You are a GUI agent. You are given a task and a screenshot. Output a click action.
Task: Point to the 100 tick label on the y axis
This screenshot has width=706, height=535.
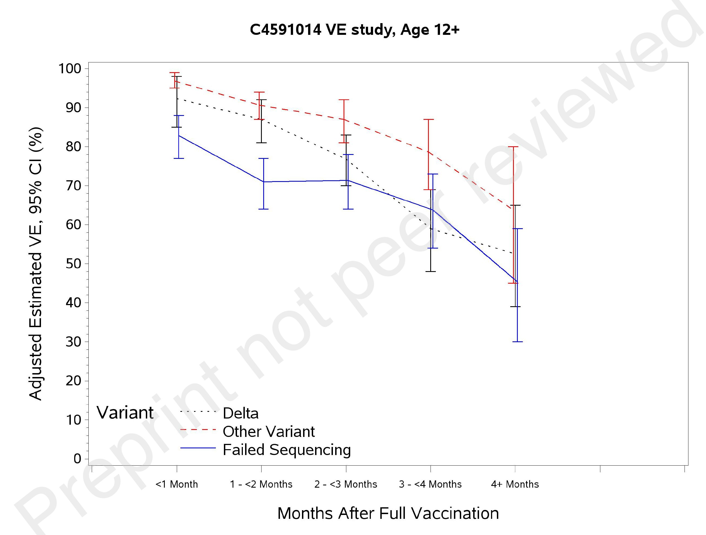click(x=70, y=69)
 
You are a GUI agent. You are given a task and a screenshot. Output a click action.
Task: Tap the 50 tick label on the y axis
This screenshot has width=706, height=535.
click(x=73, y=264)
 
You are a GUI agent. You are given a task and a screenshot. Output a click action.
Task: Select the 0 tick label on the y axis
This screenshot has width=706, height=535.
click(x=77, y=459)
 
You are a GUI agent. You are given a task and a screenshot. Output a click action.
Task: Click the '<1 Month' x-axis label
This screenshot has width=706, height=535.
click(x=176, y=484)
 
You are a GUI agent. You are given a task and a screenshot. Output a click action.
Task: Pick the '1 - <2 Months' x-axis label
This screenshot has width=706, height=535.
click(x=261, y=484)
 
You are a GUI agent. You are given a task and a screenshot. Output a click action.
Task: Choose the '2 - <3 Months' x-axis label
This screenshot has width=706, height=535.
click(x=346, y=484)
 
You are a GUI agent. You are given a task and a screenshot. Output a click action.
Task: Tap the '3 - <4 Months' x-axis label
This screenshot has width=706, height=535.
click(x=430, y=484)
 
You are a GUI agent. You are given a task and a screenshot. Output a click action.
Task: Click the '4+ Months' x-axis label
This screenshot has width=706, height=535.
click(x=515, y=484)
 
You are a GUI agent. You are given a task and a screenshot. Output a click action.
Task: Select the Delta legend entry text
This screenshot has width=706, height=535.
click(x=241, y=414)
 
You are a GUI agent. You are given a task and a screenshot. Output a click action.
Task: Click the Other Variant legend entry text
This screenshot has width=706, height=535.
click(x=269, y=432)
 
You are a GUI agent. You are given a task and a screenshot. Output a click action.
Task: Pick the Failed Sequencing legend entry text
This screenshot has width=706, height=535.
click(x=287, y=450)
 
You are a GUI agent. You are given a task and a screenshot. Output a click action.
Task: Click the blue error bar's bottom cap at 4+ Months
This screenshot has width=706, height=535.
click(x=518, y=342)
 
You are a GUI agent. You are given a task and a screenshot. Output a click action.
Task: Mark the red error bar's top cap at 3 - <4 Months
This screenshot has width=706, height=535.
click(x=429, y=119)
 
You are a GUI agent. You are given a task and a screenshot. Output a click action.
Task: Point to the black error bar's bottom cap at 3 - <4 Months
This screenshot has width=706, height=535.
click(x=431, y=271)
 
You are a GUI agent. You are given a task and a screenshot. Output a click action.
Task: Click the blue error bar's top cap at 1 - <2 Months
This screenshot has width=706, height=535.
click(x=263, y=158)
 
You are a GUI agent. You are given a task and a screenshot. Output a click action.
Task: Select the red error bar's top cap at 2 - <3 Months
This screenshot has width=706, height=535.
click(x=344, y=100)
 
